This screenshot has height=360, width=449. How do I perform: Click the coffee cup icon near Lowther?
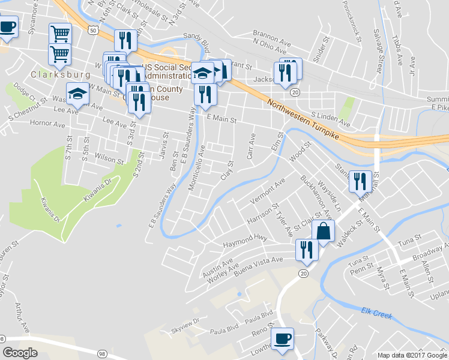point(282,338)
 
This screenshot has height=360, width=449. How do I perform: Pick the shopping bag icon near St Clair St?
point(323,231)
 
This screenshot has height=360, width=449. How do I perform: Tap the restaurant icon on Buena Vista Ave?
point(307,249)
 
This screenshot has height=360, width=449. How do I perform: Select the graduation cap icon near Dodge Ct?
point(77,94)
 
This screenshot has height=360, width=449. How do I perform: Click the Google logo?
point(20,353)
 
